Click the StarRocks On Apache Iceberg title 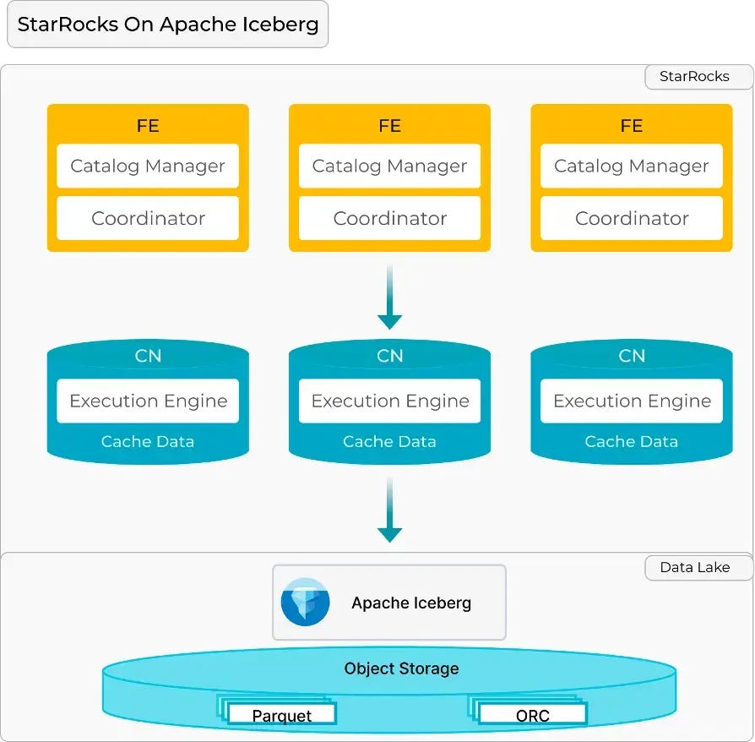[x=167, y=24]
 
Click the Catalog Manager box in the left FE [x=148, y=166]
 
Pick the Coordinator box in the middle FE [x=389, y=218]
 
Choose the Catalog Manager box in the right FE [x=631, y=166]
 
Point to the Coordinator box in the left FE [x=148, y=218]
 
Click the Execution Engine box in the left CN [x=148, y=401]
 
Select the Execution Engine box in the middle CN [x=389, y=401]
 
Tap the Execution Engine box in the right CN [x=631, y=401]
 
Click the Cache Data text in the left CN [x=148, y=441]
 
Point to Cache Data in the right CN [x=631, y=441]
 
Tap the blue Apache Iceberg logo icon [x=305, y=602]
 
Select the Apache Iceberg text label [x=411, y=603]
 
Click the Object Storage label [x=401, y=668]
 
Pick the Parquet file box [x=281, y=715]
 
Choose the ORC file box [x=532, y=715]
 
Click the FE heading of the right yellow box [x=631, y=126]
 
